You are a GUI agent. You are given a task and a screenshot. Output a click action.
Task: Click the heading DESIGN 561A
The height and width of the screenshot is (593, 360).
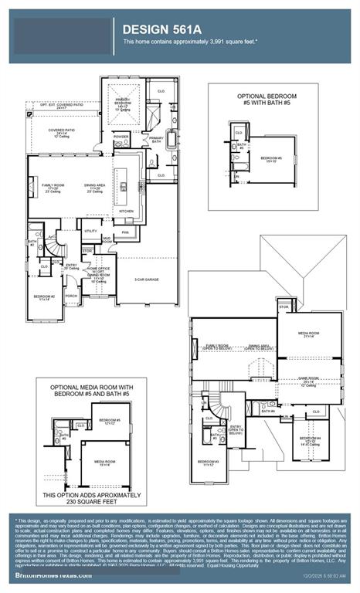tap(161, 29)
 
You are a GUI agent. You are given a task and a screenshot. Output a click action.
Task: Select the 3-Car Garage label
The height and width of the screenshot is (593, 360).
tap(148, 280)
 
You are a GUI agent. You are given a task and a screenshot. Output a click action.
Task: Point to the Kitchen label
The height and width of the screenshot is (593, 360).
tap(126, 211)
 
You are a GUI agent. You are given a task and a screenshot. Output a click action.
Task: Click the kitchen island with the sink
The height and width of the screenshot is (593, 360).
tap(123, 184)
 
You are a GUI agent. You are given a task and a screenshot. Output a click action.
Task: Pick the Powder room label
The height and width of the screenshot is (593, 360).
tap(121, 135)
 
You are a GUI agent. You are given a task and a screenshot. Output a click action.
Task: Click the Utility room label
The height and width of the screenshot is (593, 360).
tap(90, 230)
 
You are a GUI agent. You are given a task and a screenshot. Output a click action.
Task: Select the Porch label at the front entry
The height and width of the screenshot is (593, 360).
tap(71, 295)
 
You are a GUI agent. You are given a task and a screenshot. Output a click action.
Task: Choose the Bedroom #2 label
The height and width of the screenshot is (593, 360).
tap(43, 296)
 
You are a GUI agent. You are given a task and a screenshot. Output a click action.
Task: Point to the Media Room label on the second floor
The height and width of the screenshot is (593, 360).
tap(309, 334)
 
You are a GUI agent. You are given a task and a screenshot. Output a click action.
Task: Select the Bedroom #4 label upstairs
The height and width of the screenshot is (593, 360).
tap(310, 440)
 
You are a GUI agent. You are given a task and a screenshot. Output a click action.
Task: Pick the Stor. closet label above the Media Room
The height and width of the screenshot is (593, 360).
tap(284, 307)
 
